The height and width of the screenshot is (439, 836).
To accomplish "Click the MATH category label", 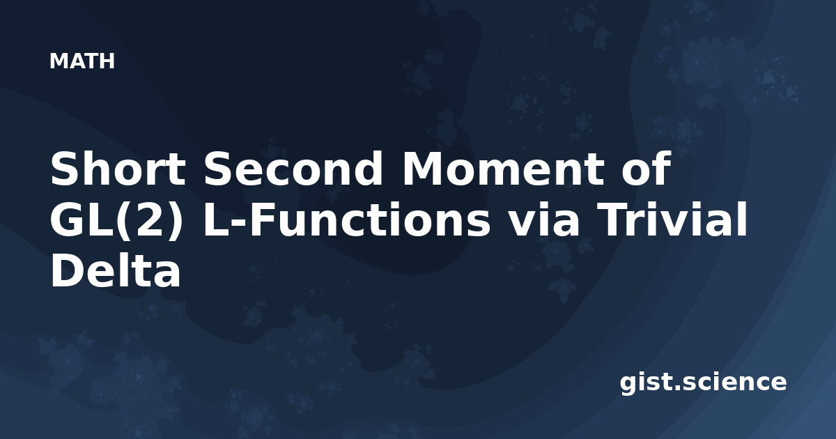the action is tap(82, 61).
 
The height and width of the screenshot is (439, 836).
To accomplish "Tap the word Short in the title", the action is tap(118, 169).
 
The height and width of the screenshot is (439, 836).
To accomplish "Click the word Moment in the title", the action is tap(503, 169).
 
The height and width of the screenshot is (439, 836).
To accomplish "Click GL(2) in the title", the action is tap(117, 220).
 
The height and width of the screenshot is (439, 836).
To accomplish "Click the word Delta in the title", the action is tap(116, 270).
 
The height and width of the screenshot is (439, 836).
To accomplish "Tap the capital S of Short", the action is tap(65, 169).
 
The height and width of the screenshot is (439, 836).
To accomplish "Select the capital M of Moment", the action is tap(421, 169).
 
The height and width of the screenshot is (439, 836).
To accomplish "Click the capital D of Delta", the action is tap(67, 270).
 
